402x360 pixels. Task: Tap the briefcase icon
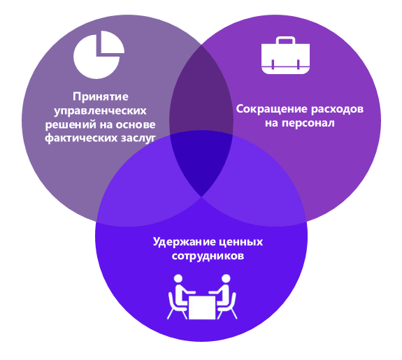[285, 55]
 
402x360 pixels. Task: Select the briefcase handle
[285, 41]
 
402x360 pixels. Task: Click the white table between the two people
[202, 307]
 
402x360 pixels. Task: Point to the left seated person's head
[178, 278]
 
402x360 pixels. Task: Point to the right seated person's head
[226, 278]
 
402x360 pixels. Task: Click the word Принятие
[101, 96]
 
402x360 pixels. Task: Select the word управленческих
[100, 111]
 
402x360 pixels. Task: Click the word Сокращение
[271, 109]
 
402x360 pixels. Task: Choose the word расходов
[338, 110]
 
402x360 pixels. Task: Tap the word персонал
[308, 123]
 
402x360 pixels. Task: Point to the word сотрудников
[208, 256]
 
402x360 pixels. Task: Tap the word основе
[136, 125]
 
